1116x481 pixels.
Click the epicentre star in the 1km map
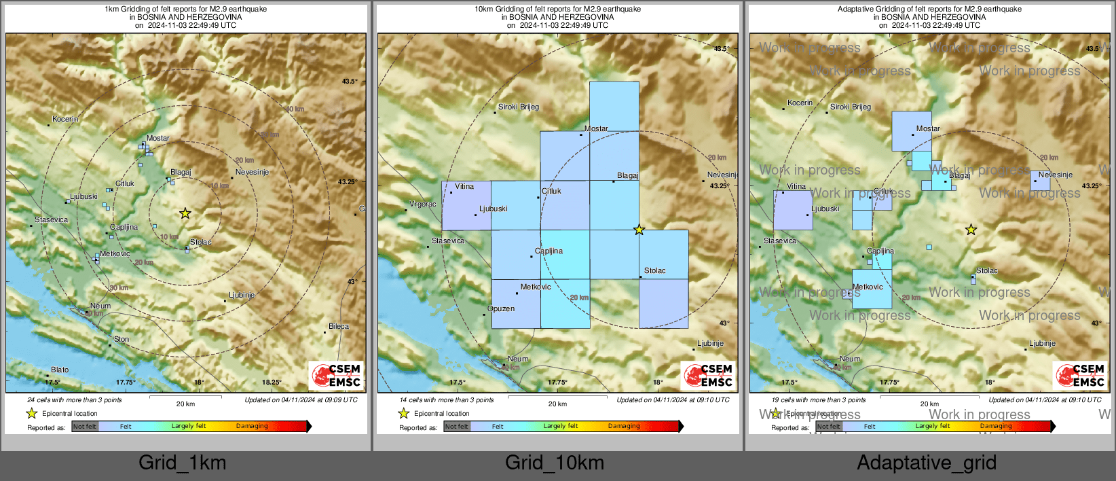coord(185,213)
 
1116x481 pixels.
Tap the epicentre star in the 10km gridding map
coord(639,230)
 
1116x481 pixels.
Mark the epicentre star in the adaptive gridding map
coord(971,230)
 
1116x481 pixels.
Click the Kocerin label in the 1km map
coord(65,119)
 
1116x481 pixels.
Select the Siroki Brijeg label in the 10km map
coord(519,107)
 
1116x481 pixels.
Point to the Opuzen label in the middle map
coord(501,308)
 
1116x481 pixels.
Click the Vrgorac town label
coord(423,204)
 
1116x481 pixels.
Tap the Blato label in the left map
coord(60,370)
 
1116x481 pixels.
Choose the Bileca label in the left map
coord(339,326)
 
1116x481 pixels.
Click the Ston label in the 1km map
coord(122,339)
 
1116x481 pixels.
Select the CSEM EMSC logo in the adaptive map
coord(1081,376)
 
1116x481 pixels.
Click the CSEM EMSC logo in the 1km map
coord(337,376)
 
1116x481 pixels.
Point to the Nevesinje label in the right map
coord(1056,175)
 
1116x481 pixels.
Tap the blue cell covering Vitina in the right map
coord(793,211)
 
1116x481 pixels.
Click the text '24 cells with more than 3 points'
coord(75,399)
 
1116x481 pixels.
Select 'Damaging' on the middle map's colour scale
coord(624,426)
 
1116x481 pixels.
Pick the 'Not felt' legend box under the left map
coord(85,426)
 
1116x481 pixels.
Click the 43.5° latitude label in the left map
coord(349,81)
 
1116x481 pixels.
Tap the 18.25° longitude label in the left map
coord(272,382)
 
